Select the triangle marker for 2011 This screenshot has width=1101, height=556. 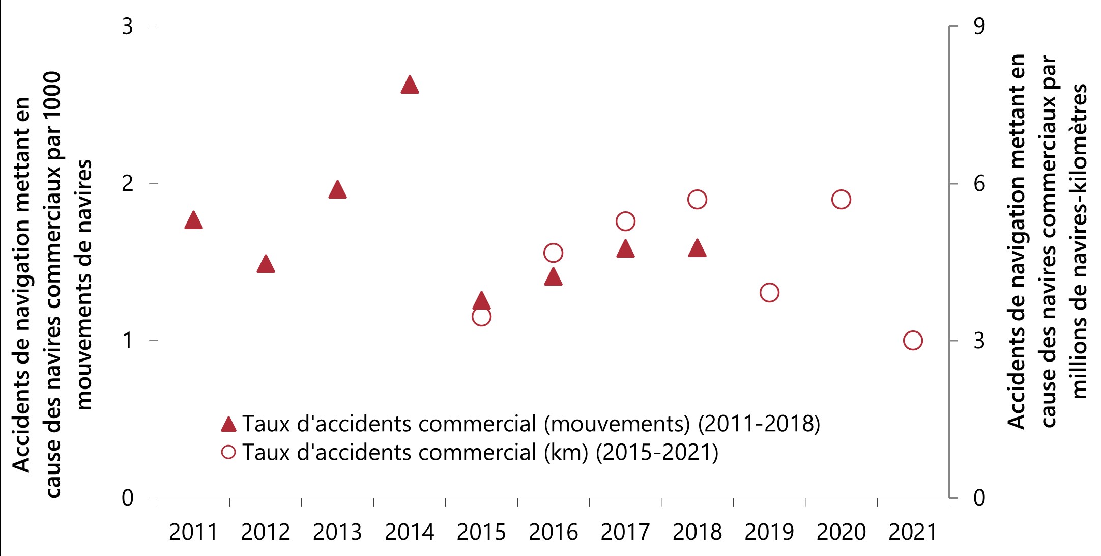coord(193,220)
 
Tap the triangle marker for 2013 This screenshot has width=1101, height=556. coord(337,190)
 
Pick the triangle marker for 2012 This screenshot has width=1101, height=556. coord(266,264)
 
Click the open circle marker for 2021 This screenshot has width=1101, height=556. coord(913,341)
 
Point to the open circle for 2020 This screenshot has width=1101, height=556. coord(841,200)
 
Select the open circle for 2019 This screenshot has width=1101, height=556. coord(769,293)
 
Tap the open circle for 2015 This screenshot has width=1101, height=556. coord(481,317)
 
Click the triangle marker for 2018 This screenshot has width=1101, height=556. coord(697,248)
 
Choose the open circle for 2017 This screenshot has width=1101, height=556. coord(625,221)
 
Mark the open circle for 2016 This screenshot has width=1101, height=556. coord(553,253)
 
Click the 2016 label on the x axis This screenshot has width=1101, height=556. coord(553,533)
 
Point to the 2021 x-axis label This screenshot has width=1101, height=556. coord(913,533)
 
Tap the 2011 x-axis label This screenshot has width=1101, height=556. coord(193,533)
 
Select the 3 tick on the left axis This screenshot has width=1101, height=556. coord(128,26)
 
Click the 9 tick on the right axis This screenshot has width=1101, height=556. coord(979,26)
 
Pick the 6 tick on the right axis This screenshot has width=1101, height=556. coord(979,184)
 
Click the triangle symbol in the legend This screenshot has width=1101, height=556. coord(229,424)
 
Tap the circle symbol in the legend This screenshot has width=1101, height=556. coord(229,452)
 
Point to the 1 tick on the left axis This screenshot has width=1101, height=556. coord(128,341)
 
